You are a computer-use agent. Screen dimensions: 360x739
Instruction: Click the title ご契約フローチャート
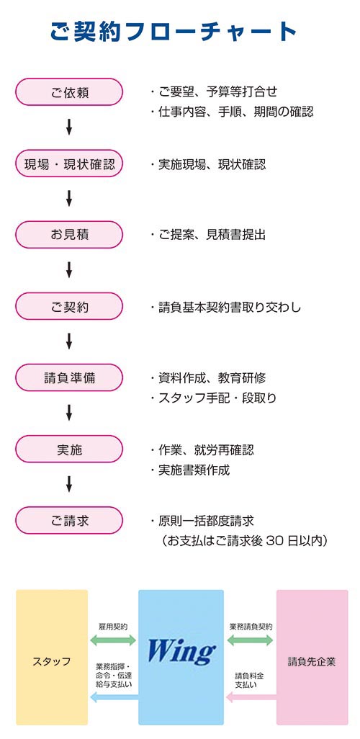coord(174,32)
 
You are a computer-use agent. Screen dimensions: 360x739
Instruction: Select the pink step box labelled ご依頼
coord(69,92)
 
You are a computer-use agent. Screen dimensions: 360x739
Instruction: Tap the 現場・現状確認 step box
coord(69,164)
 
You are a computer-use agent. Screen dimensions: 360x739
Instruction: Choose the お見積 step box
coord(69,235)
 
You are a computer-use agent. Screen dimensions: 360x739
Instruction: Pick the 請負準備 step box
coord(69,377)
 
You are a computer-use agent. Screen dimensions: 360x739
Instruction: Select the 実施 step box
coord(69,449)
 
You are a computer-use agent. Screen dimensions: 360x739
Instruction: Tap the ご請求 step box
coord(69,520)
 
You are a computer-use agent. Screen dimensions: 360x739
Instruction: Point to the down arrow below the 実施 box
coord(69,484)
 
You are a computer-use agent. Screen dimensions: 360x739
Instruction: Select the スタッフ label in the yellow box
coord(52,661)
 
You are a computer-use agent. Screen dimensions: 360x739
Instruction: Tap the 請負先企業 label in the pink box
coord(312,661)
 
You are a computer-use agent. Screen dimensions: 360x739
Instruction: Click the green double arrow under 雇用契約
coord(113,640)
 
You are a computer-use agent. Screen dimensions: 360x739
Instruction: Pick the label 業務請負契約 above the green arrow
coord(251,627)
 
